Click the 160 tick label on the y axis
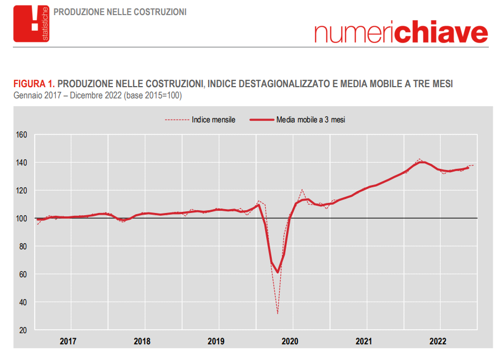click(22, 135)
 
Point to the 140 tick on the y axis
click(22, 163)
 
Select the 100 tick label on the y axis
click(22, 219)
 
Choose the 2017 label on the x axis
click(68, 342)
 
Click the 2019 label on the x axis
click(216, 342)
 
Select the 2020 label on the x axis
click(290, 342)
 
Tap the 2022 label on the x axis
click(438, 342)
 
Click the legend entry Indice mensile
click(213, 120)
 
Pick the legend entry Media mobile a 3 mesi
click(310, 120)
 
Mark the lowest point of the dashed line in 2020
click(277, 314)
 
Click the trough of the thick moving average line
click(277, 272)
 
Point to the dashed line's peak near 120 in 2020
click(302, 190)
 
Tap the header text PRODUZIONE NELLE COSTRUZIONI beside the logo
click(120, 12)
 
